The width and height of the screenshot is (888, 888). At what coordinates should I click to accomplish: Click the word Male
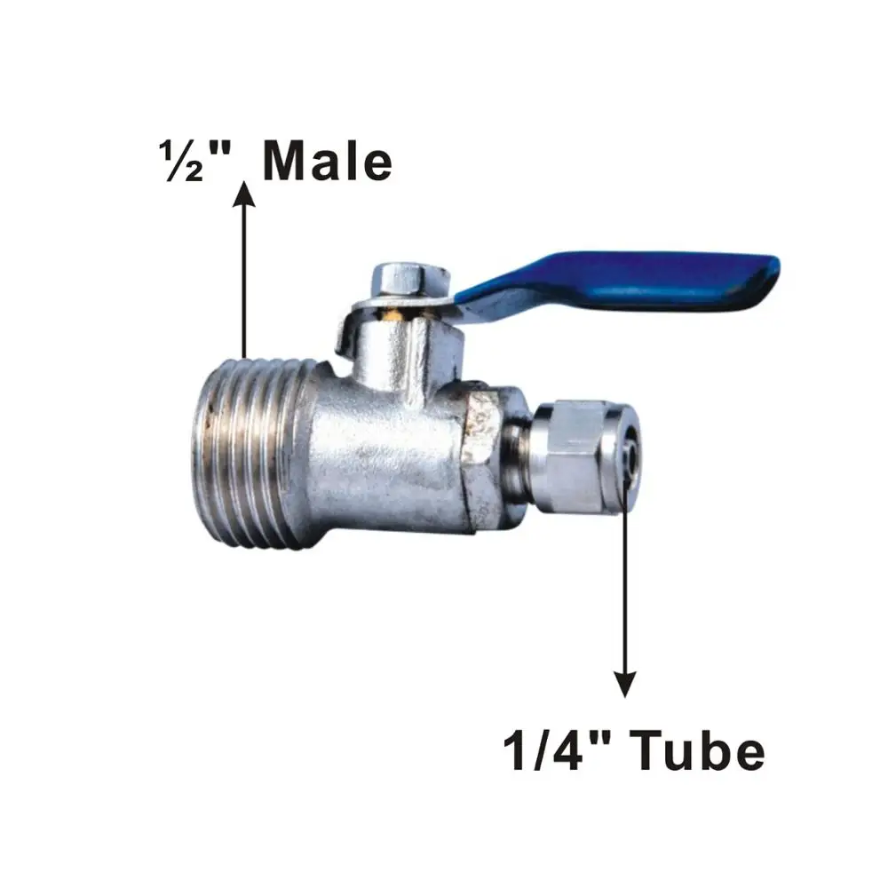click(328, 163)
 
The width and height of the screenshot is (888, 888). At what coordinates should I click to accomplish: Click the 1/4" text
click(555, 751)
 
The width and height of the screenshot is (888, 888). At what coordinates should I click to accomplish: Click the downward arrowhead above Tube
click(626, 683)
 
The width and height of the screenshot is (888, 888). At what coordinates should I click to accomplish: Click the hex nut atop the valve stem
click(400, 278)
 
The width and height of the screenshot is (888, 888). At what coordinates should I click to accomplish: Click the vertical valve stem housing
click(400, 351)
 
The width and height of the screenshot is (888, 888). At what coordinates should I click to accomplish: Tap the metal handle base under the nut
click(355, 324)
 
